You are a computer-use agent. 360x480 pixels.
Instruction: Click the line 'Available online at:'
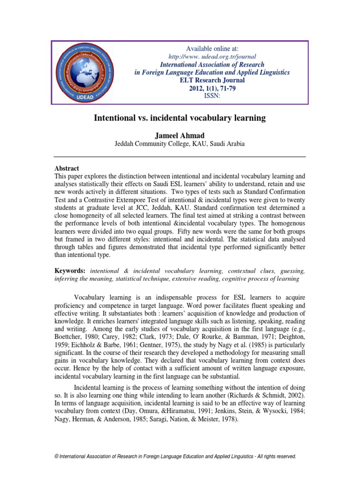(212, 48)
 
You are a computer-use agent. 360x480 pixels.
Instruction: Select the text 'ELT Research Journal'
(212, 80)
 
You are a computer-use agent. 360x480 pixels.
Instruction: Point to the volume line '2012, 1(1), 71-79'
(212, 88)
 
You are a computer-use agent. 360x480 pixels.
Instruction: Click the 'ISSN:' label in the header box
(212, 96)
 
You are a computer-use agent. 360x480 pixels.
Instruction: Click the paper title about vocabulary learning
(180, 119)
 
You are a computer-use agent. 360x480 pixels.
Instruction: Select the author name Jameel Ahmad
(180, 135)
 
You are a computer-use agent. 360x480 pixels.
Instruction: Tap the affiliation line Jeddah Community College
(180, 144)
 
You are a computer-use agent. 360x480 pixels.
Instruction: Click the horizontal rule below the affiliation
(180, 157)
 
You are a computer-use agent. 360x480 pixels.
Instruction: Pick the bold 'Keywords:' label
(70, 271)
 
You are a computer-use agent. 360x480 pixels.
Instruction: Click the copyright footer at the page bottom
(180, 456)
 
